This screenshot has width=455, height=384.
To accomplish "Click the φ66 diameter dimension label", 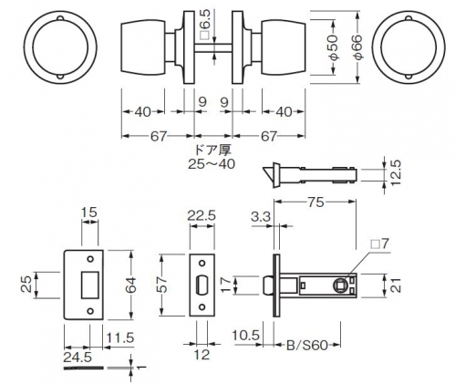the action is (x=358, y=47).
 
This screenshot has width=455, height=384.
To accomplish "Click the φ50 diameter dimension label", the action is (x=334, y=47).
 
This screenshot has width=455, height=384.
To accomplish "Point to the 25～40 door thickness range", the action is (x=212, y=164).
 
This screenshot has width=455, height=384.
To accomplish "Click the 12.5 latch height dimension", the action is (x=396, y=172).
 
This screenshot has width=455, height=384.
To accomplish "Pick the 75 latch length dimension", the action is (x=315, y=202).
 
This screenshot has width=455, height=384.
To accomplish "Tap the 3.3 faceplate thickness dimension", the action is (x=261, y=217).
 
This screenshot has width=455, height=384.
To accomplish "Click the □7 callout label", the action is (x=380, y=244).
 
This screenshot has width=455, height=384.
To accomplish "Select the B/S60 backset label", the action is (x=307, y=346).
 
